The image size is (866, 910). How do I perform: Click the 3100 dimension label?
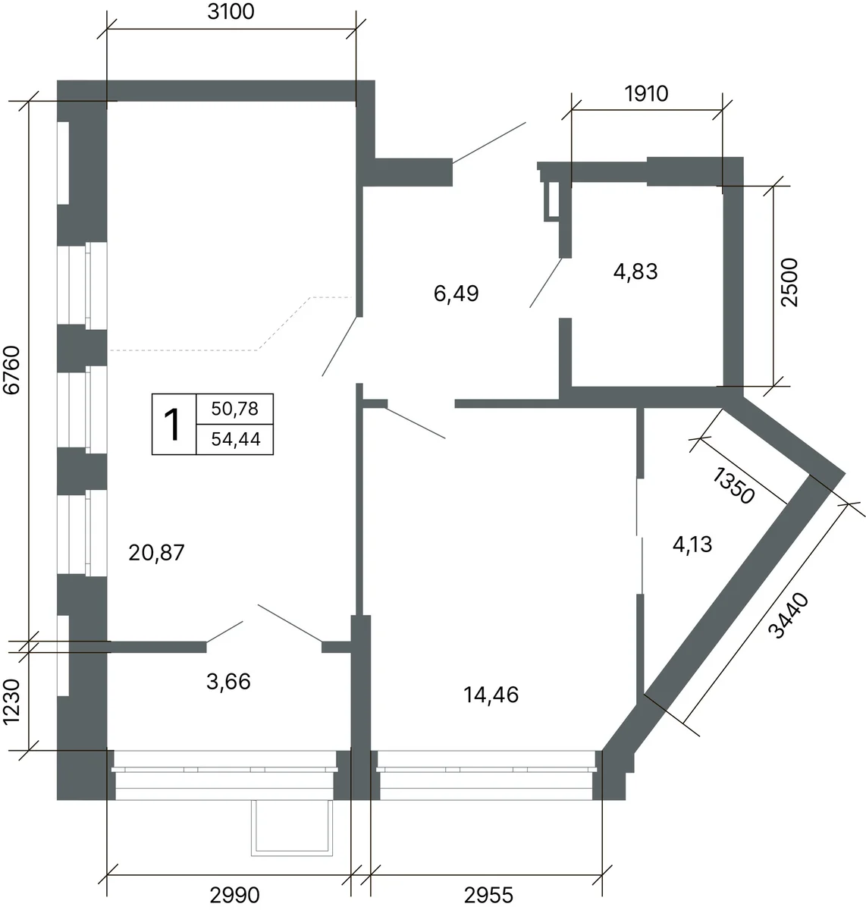[x=231, y=12]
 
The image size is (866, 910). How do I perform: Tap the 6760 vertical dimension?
[x=12, y=370]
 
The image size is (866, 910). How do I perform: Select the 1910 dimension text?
[x=646, y=94]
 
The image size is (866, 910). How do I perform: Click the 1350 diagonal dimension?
[x=733, y=485]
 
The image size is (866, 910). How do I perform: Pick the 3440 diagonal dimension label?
[x=788, y=616]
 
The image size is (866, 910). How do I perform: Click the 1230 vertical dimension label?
[x=11, y=701]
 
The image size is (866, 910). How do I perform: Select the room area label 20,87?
[x=156, y=553]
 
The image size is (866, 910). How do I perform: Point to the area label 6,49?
[x=456, y=293]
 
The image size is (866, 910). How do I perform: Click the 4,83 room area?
[x=635, y=271]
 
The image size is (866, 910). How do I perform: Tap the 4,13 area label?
[x=692, y=544]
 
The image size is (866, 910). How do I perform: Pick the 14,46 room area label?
[x=491, y=695]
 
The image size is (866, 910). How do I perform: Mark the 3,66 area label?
[x=228, y=682]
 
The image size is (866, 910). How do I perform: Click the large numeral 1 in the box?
[x=174, y=425]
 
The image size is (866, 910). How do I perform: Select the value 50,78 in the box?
[x=234, y=409]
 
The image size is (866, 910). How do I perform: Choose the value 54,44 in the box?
[x=236, y=439]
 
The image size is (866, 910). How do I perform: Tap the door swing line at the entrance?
[x=489, y=143]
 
